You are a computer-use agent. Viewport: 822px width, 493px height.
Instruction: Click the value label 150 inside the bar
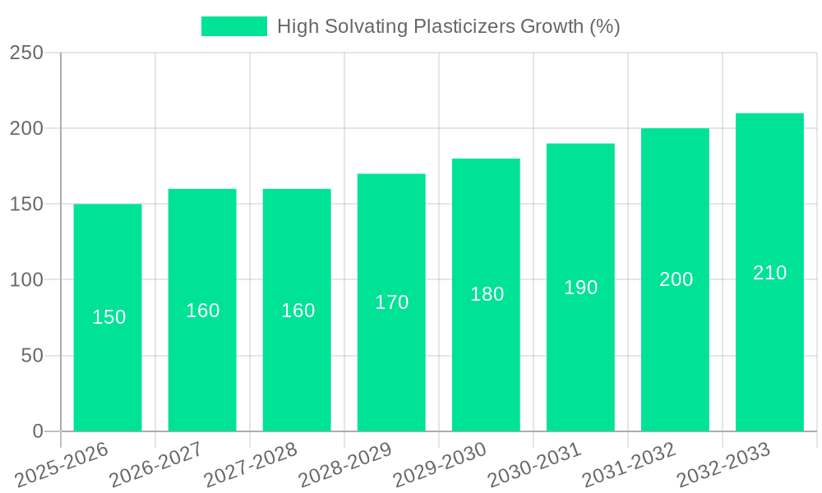tap(109, 317)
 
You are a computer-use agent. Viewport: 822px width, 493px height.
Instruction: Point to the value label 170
tap(391, 302)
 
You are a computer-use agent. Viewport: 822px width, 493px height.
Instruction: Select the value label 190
tap(580, 288)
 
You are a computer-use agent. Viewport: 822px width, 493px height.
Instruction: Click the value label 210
tap(769, 273)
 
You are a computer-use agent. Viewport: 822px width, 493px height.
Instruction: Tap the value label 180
tap(487, 294)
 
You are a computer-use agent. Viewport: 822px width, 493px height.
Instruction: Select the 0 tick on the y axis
tap(38, 431)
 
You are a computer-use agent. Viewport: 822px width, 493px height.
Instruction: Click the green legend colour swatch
tap(234, 26)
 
